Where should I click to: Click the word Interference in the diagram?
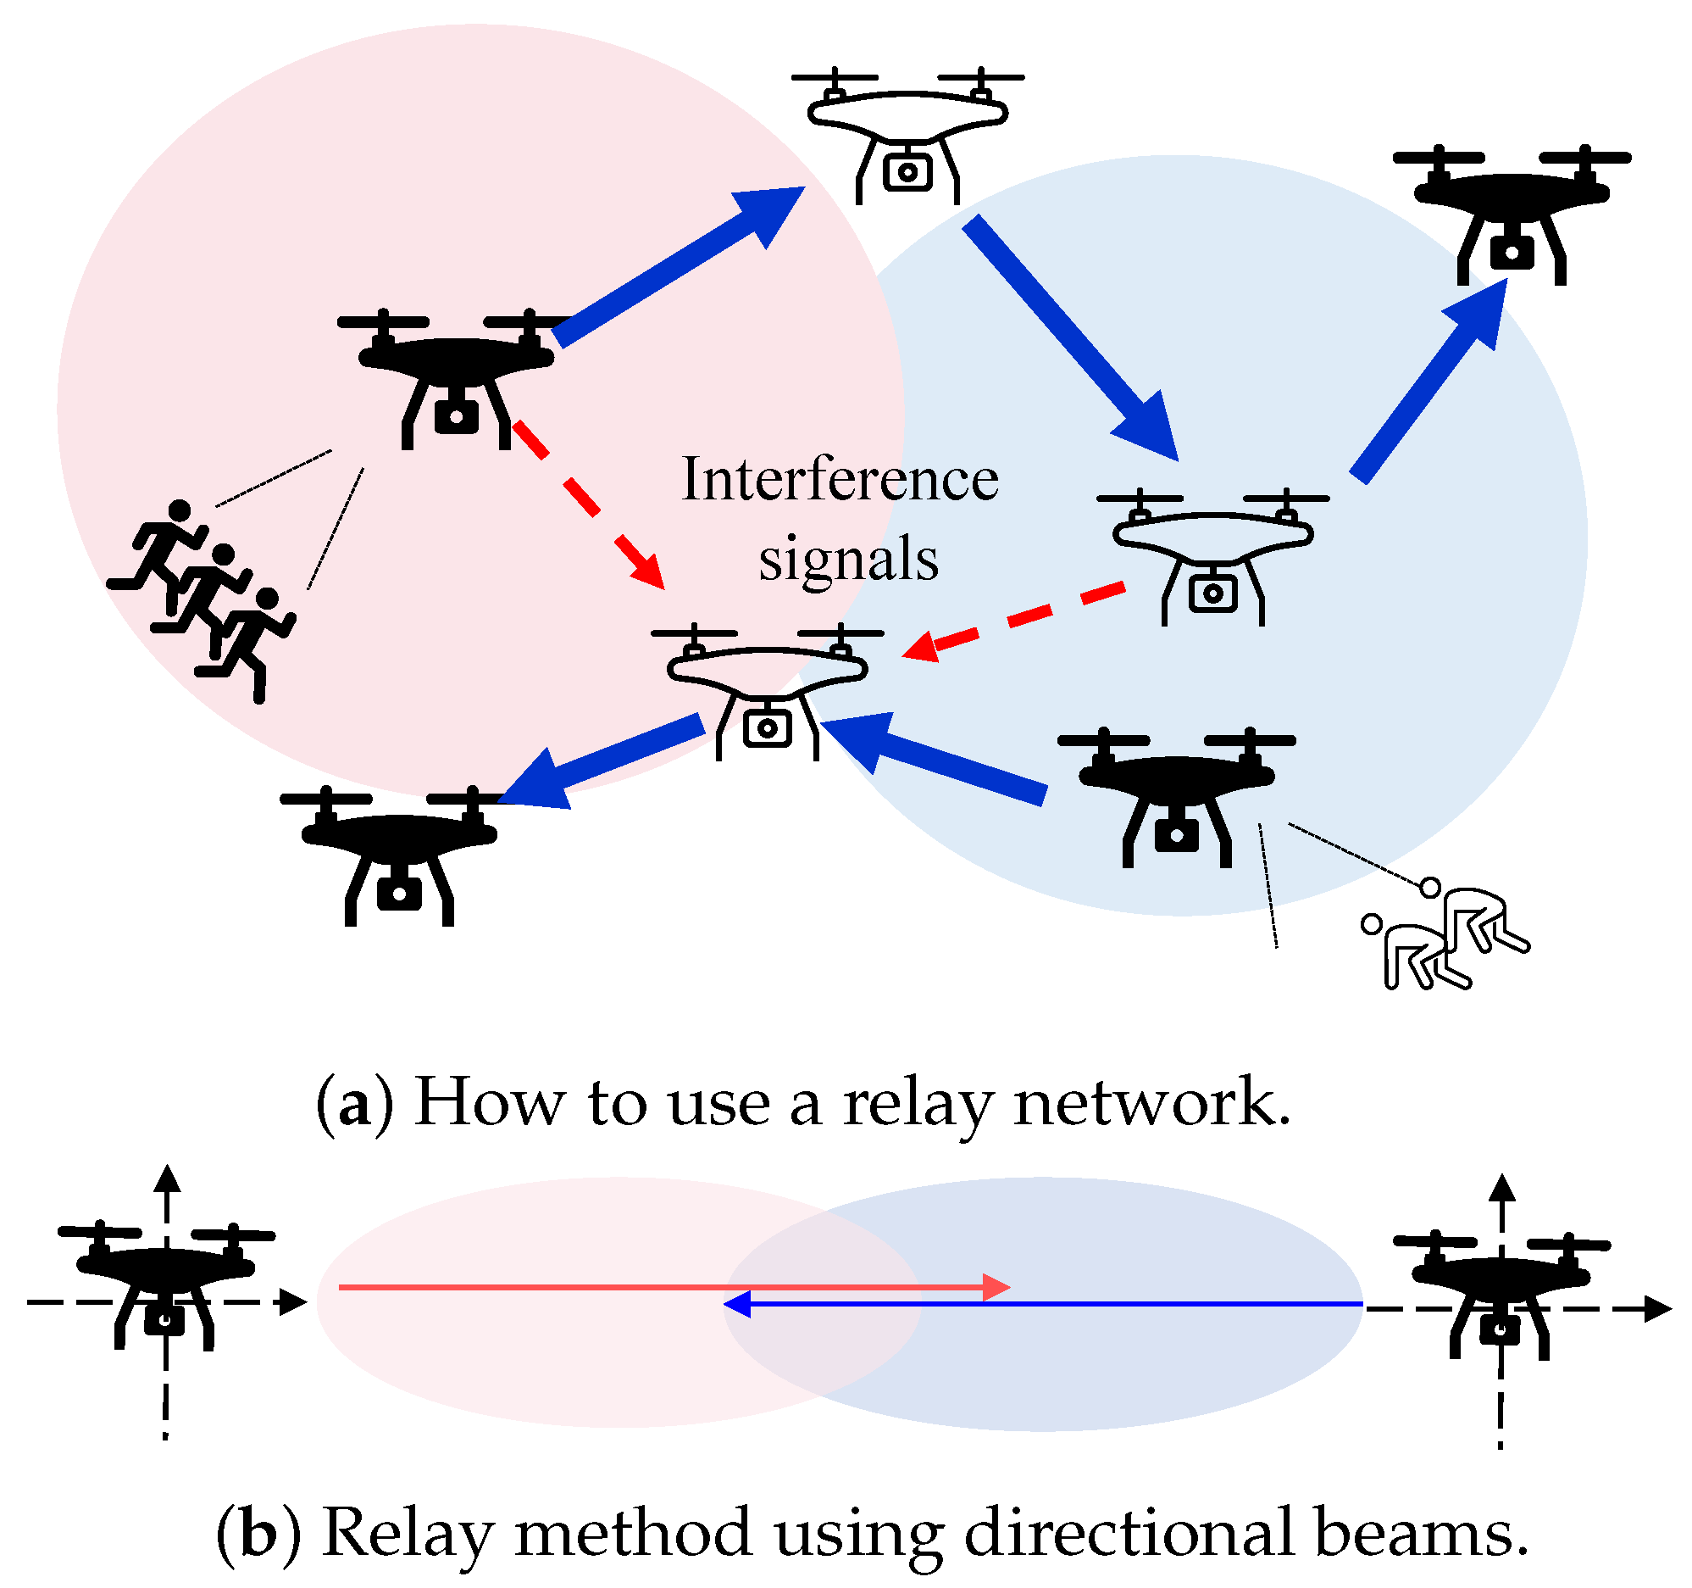[839, 479]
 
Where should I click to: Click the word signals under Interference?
[848, 560]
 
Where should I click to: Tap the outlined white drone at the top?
[907, 137]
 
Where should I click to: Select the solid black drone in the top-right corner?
[1512, 213]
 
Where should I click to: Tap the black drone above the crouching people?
[1176, 796]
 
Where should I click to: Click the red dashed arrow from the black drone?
[587, 503]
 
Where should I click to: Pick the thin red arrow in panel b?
[664, 1287]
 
